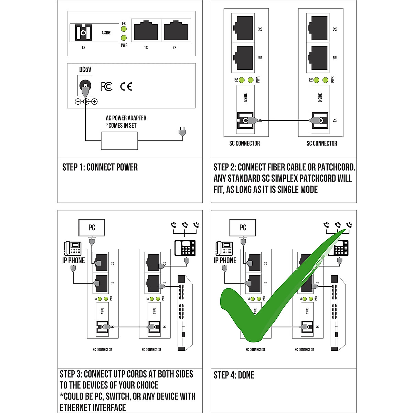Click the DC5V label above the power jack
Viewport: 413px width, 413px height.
click(85, 70)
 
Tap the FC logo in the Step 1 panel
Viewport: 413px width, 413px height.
click(107, 86)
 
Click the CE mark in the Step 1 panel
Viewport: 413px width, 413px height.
click(126, 86)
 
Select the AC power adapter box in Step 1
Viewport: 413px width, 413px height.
click(119, 140)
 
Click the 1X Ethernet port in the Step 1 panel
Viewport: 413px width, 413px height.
click(146, 31)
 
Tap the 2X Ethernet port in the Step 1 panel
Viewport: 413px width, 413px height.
click(176, 31)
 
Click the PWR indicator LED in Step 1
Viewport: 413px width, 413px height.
click(124, 38)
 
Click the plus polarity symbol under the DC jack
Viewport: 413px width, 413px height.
click(94, 102)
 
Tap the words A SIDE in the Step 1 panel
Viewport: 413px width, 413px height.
click(106, 33)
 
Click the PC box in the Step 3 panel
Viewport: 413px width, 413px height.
click(92, 227)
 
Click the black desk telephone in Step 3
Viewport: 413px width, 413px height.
click(185, 247)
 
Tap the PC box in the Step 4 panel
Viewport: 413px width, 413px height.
click(243, 227)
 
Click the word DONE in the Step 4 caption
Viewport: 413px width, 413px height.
click(246, 375)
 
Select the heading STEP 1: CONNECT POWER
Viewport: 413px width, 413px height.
click(100, 167)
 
